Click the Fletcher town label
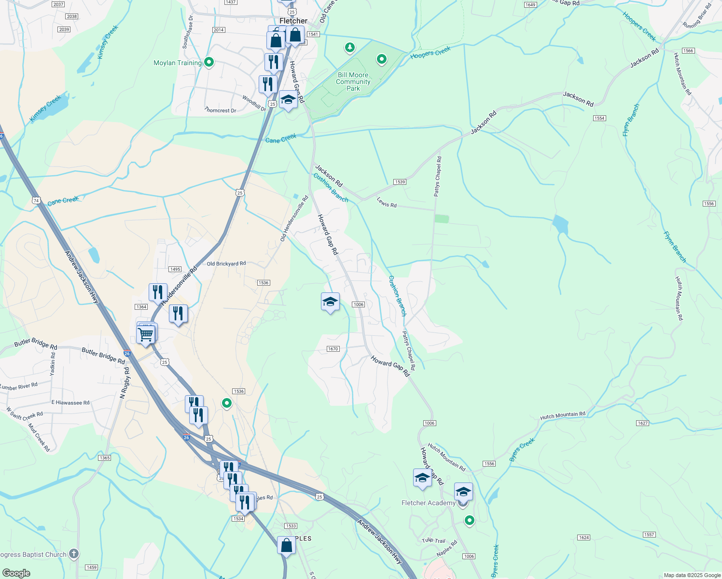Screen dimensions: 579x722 click(293, 21)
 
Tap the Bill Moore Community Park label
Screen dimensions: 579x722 click(353, 82)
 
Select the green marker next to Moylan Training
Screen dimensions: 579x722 click(209, 62)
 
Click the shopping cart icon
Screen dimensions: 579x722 click(145, 334)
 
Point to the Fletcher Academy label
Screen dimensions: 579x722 click(429, 503)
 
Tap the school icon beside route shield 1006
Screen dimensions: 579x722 click(330, 303)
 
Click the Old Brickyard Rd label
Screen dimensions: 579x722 click(226, 264)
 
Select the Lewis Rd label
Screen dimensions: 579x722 click(387, 204)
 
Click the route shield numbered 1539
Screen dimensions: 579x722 click(400, 182)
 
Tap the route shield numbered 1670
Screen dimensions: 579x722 click(333, 349)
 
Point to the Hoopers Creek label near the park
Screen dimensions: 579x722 click(430, 53)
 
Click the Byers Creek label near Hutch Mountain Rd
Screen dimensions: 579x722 click(522, 450)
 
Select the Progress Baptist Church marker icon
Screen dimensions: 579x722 click(73, 554)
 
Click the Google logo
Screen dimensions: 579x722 click(16, 573)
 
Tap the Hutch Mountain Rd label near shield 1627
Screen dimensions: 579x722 click(563, 415)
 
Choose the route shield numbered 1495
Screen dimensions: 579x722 click(175, 269)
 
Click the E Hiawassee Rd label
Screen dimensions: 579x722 click(70, 402)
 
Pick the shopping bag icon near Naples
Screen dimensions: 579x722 click(286, 545)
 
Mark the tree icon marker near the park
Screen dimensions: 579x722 click(350, 47)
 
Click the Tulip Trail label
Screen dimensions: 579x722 click(434, 540)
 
